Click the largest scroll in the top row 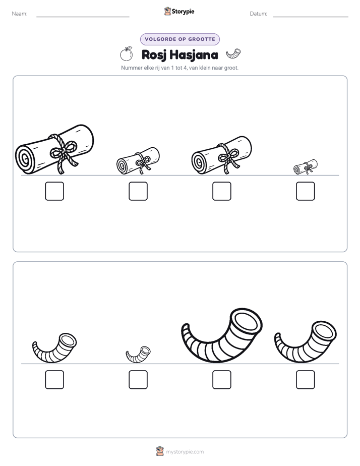(54, 149)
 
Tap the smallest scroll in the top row (306, 167)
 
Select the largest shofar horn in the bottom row (221, 335)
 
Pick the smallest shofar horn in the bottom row (138, 355)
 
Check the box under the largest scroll (54, 191)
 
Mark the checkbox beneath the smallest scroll (306, 191)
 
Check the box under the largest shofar (221, 380)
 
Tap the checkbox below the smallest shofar (138, 380)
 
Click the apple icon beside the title (126, 54)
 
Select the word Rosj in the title (154, 55)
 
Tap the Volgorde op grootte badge (180, 39)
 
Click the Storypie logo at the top (179, 12)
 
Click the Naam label (20, 14)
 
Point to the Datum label (259, 14)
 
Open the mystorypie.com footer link (185, 452)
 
